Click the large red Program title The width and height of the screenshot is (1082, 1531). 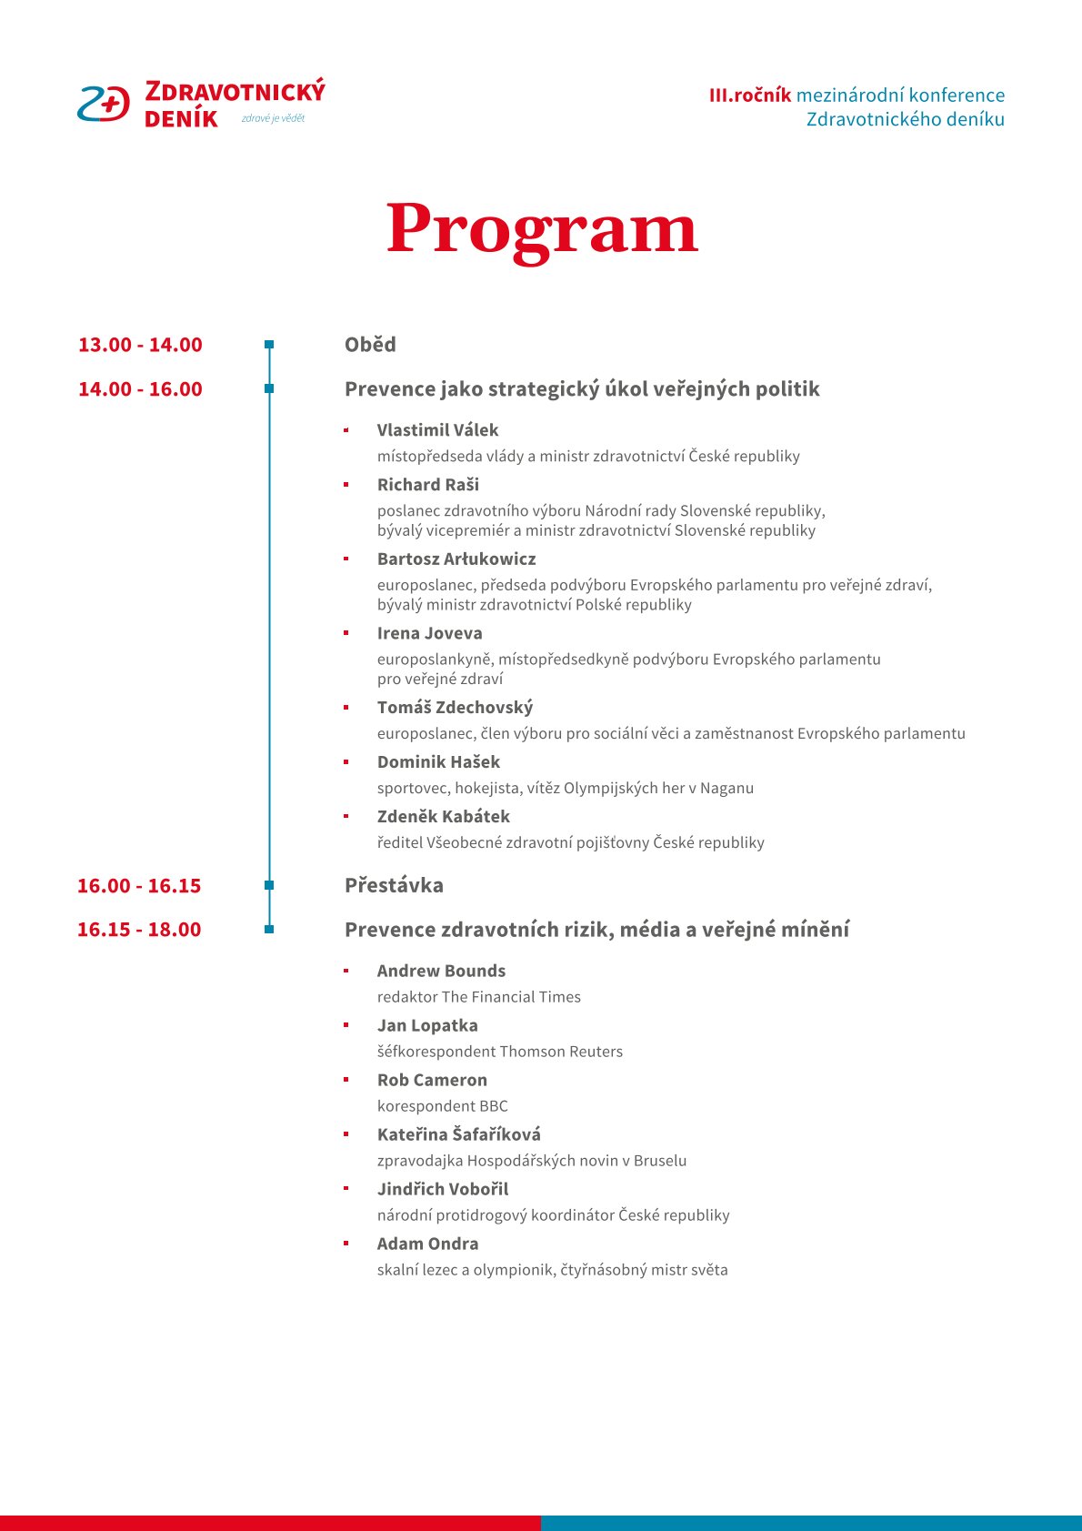coord(542,228)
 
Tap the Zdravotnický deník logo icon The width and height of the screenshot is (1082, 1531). coord(104,105)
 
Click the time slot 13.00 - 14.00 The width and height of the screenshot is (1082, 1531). coord(140,345)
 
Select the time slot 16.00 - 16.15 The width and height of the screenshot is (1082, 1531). coord(139,886)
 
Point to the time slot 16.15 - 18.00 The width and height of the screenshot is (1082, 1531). coord(139,930)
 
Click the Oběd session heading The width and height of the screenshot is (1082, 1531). coord(370,345)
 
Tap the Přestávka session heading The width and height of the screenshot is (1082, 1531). coord(394,885)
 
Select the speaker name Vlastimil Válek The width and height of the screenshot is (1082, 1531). coord(437,430)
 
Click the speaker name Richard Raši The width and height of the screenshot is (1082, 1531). coord(427,485)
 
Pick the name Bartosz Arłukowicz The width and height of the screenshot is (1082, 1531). coord(456,559)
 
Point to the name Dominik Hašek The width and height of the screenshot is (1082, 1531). coord(438,762)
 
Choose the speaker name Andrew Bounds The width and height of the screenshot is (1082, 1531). coord(441,972)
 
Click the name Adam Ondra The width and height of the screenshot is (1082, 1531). coord(427,1244)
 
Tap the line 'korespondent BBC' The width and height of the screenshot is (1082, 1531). coord(443,1106)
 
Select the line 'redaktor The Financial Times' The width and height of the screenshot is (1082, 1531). coord(478,997)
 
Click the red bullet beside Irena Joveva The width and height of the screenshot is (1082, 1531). coord(346,632)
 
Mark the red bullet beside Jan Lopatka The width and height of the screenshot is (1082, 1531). coord(346,1025)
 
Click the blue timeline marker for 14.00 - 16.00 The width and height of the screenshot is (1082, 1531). coord(269,388)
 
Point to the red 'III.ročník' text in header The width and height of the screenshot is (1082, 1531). coord(750,96)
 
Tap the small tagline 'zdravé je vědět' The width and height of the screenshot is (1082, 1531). coord(273,118)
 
